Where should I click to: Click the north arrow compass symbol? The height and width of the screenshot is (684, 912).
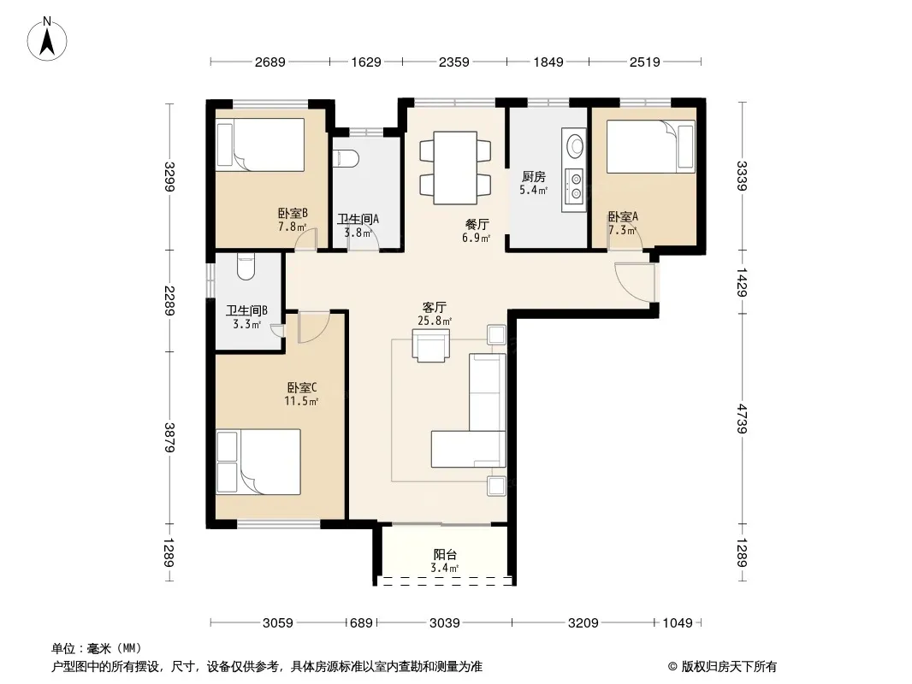click(x=47, y=39)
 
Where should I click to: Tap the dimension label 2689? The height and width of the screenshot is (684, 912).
click(x=269, y=62)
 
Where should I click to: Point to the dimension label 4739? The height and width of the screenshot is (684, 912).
click(x=741, y=418)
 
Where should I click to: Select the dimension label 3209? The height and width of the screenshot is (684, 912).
click(x=583, y=623)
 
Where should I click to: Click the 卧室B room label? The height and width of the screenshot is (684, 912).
click(x=293, y=214)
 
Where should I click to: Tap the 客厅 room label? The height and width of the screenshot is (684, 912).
click(x=435, y=308)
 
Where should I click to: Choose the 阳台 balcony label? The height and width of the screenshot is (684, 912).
click(x=445, y=555)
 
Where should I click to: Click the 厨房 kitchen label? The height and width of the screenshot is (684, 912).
click(x=533, y=177)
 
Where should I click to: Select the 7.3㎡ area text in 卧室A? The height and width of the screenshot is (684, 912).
click(x=622, y=230)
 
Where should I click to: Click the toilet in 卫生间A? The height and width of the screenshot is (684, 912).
click(x=347, y=159)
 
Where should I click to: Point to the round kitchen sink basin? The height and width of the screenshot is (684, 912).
click(x=575, y=144)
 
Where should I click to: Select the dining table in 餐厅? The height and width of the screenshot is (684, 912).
click(x=455, y=168)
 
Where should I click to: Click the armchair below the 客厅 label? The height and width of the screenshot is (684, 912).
click(x=430, y=345)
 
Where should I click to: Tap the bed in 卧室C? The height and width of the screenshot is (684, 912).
click(x=258, y=462)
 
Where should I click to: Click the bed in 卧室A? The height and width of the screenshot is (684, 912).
click(x=651, y=146)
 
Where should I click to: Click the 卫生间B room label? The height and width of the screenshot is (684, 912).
click(x=246, y=311)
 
